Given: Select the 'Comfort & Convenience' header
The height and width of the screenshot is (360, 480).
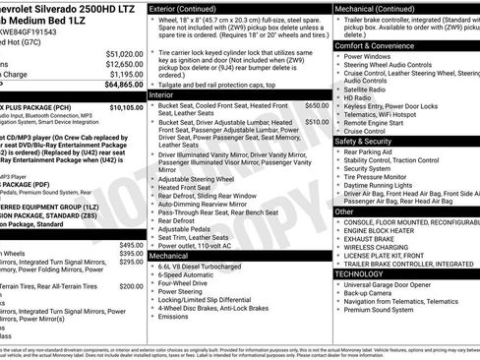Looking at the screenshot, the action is point(377,45).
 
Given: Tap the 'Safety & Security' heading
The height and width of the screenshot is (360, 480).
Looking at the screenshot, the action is point(367,141).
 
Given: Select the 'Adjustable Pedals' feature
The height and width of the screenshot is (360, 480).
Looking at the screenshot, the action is point(193,228).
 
